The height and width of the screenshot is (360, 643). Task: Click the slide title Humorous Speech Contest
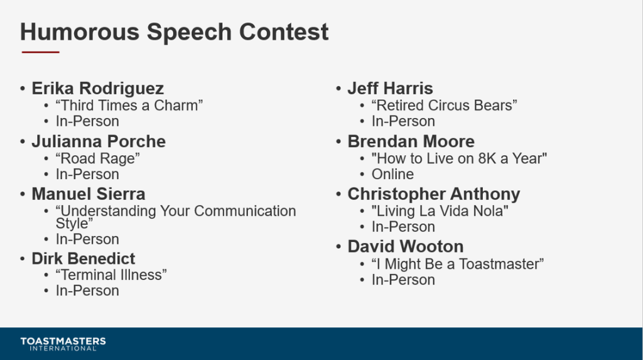(x=175, y=33)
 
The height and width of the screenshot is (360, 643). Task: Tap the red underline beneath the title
(x=41, y=52)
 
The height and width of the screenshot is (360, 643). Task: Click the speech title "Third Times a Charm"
(x=129, y=106)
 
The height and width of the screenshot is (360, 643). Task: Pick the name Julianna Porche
(x=99, y=141)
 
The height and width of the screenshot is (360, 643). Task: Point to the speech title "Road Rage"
(x=97, y=158)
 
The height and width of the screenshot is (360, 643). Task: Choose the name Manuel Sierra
(x=88, y=194)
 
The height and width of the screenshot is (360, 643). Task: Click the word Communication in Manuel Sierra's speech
(x=245, y=211)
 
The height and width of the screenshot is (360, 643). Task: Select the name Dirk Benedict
(x=84, y=259)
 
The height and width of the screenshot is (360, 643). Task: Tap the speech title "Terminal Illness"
(x=111, y=275)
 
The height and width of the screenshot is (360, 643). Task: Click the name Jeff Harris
(x=390, y=89)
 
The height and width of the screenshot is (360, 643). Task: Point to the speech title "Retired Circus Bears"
(x=444, y=106)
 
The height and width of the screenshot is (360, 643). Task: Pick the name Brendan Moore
(x=411, y=141)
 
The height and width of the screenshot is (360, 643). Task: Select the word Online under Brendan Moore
(x=392, y=175)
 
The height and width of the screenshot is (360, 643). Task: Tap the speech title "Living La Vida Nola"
(x=440, y=211)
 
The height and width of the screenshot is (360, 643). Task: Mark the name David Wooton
(x=406, y=247)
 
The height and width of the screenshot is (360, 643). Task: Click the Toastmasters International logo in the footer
(x=63, y=344)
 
